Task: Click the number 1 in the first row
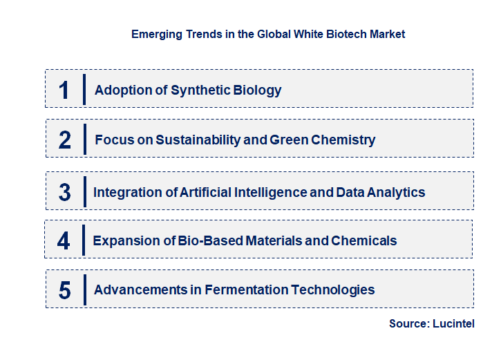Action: coord(64,90)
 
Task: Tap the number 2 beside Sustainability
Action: coord(65,140)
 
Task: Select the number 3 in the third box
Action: coord(64,192)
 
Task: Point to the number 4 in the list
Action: coord(64,240)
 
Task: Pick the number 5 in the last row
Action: coord(64,290)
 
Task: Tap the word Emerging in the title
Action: coord(155,34)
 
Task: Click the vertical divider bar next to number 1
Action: coord(84,89)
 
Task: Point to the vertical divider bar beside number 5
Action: coord(84,290)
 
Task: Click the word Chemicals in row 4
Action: coord(364,240)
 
